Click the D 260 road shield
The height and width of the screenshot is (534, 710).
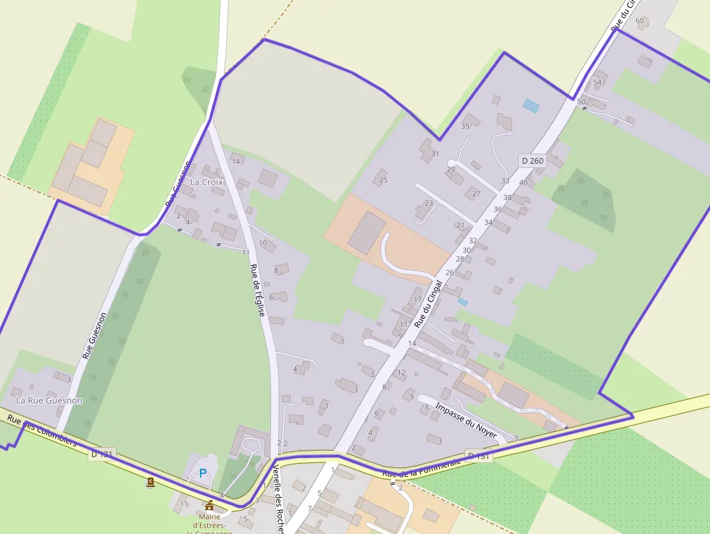(x=532, y=161)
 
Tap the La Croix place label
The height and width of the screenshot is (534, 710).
(x=206, y=182)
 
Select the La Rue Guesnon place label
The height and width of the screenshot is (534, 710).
(x=49, y=400)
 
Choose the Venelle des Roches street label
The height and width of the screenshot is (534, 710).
(x=278, y=498)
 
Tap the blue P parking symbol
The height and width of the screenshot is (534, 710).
(x=203, y=473)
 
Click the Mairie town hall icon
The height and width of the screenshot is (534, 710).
(x=209, y=505)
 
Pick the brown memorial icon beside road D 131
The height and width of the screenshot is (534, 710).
(x=150, y=482)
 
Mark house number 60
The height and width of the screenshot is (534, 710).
(x=640, y=20)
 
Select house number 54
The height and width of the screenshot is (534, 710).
(x=598, y=82)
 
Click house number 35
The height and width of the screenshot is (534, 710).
(x=465, y=126)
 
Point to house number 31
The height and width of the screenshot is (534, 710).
(x=435, y=154)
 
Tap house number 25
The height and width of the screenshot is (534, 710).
(x=383, y=180)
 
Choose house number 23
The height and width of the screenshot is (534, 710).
(x=429, y=203)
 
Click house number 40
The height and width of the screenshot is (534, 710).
(x=523, y=183)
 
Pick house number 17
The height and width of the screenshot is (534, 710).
(x=417, y=299)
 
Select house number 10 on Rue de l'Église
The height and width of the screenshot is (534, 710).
(x=262, y=243)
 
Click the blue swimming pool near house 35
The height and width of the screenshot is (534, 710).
(x=531, y=106)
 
